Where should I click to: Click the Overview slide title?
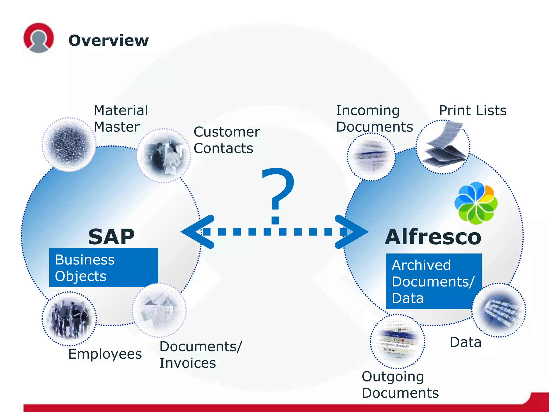tap(108, 41)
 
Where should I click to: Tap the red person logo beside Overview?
tap(39, 38)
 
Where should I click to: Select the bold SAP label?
tap(111, 237)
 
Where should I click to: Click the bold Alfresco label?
tap(433, 237)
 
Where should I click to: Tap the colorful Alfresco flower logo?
tap(476, 203)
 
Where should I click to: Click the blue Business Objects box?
tap(103, 268)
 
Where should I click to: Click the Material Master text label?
tap(121, 119)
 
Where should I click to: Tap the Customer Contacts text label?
tap(227, 140)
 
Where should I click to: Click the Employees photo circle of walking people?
tap(69, 319)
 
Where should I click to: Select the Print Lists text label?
tap(473, 111)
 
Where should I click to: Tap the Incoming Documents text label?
tap(374, 119)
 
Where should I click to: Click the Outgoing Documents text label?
tap(400, 385)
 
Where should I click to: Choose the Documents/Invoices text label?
tap(201, 355)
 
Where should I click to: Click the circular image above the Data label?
tap(499, 310)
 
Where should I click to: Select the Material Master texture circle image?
tap(69, 144)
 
